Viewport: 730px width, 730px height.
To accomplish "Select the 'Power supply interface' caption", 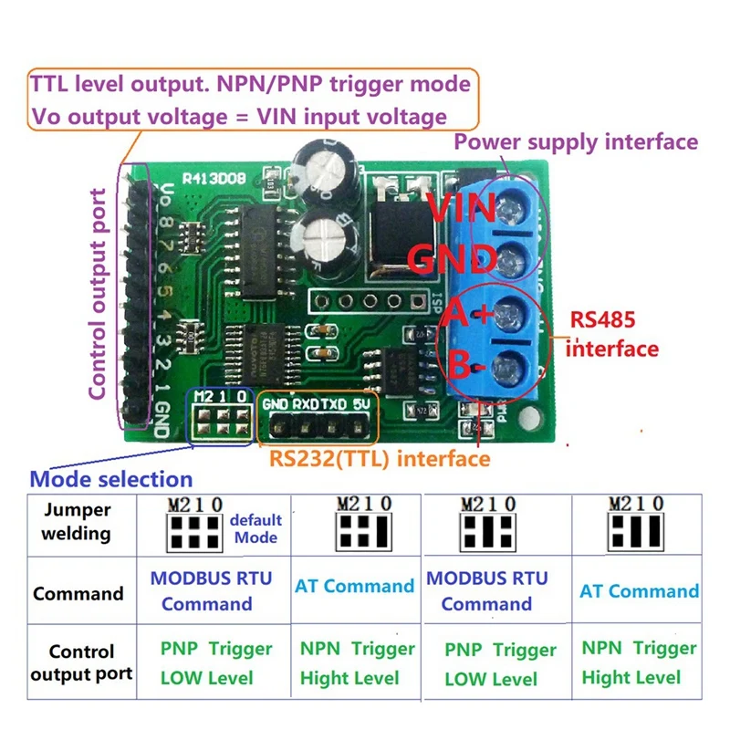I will (x=576, y=142).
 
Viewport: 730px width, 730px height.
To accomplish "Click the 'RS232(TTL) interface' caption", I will (x=379, y=458).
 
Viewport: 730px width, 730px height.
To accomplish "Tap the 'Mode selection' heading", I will (x=111, y=479).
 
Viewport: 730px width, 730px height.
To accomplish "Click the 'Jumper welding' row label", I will (x=77, y=521).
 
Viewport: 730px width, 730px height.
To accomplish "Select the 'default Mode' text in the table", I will (x=255, y=529).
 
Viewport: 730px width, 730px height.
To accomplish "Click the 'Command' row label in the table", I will (x=78, y=594).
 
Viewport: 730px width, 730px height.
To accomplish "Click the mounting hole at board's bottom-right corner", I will (x=526, y=421).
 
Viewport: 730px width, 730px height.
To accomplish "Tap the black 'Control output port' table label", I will (x=81, y=663).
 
